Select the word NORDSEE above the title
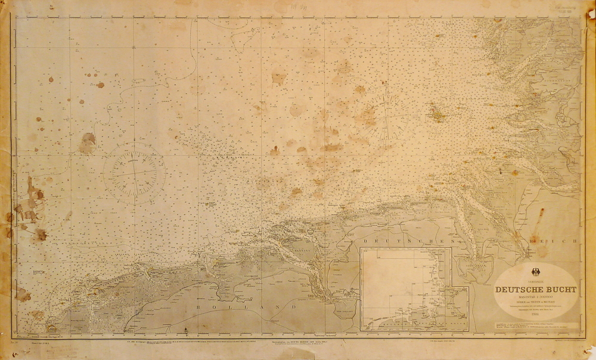pos(535,281)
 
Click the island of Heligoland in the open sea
pos(438,113)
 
